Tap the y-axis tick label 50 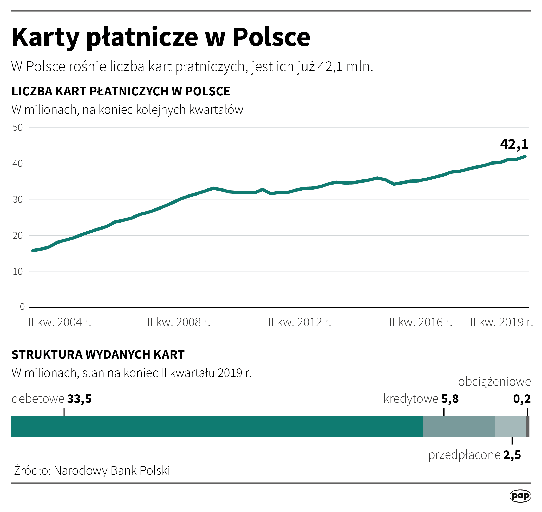point(17,128)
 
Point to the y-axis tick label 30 point(17,200)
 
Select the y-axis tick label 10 point(17,272)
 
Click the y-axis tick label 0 point(22,307)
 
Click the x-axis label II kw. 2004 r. point(60,322)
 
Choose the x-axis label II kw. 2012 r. point(300,322)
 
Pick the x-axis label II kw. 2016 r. point(421,322)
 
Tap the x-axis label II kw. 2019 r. point(501,322)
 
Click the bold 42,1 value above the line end point(514,144)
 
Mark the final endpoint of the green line point(525,156)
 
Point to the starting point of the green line point(33,251)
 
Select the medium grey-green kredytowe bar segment point(459,427)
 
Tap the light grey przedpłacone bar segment point(510,427)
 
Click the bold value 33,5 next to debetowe point(79,399)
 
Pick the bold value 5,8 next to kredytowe point(450,399)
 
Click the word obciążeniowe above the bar point(494,382)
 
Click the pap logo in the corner point(520,496)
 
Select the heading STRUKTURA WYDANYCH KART point(98,354)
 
